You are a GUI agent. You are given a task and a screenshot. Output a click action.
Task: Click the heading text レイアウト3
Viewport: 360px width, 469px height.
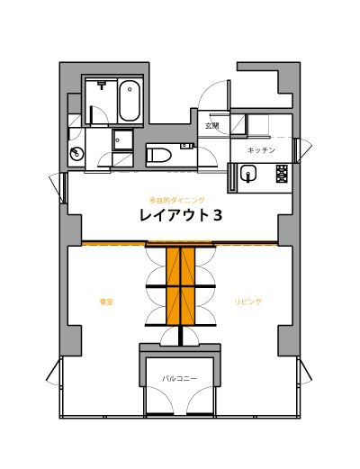(x=181, y=215)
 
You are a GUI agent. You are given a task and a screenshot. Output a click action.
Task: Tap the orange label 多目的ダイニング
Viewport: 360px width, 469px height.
(x=177, y=200)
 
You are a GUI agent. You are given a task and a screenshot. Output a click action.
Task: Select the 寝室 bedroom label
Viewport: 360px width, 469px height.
(x=106, y=302)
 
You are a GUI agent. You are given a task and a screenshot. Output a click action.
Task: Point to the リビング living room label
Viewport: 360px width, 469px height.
(x=247, y=302)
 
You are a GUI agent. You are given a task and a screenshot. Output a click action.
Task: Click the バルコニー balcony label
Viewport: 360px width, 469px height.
(x=180, y=378)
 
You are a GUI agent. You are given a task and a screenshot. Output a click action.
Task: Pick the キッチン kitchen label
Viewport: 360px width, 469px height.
(x=261, y=150)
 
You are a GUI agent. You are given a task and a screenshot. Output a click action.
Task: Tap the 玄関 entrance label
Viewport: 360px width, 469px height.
(x=211, y=126)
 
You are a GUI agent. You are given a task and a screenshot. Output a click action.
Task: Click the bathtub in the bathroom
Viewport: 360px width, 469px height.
(x=130, y=101)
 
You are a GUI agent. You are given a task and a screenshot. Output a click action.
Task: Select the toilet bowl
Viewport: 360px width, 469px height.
(x=158, y=156)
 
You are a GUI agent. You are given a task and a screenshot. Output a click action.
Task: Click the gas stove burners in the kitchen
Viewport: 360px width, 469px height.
(x=282, y=174)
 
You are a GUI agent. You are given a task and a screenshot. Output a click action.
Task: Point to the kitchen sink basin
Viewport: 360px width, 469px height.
(x=248, y=174)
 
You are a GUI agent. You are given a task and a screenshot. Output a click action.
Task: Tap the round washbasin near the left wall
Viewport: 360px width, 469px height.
(x=76, y=154)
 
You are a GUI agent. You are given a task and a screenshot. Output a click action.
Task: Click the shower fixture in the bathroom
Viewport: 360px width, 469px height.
(x=102, y=85)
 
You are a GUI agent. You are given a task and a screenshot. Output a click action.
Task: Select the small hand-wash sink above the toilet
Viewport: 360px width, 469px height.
(x=186, y=146)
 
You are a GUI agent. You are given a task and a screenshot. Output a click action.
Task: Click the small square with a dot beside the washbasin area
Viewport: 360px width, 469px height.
(x=123, y=140)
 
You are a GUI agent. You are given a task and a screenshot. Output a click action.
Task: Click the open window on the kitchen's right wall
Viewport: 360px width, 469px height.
(x=303, y=150)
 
